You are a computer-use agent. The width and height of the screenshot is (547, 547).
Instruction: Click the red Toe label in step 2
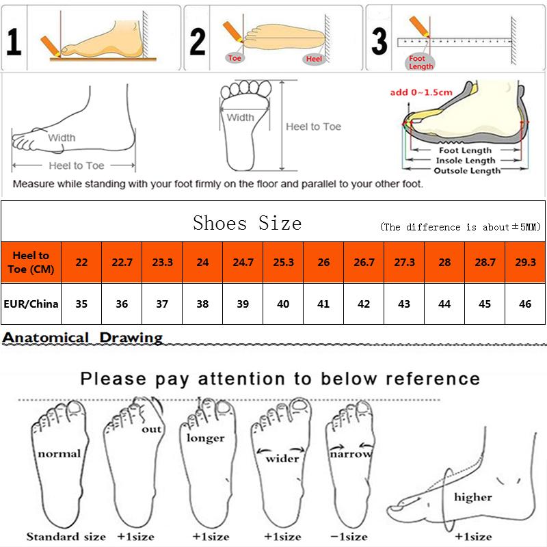[235, 58]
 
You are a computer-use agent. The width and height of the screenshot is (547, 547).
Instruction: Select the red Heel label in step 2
[313, 59]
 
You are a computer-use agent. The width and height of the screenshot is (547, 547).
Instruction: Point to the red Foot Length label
[416, 63]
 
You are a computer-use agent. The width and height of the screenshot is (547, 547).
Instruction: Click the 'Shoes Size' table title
[247, 223]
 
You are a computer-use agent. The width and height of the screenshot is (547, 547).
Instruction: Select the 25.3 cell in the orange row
[283, 262]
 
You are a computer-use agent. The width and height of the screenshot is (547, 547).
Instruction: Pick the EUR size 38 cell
[202, 303]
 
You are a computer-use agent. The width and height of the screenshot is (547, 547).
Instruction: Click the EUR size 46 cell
[525, 303]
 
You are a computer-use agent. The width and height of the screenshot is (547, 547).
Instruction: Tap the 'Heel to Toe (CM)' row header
[31, 262]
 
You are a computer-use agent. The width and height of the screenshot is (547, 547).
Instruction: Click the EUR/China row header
[31, 303]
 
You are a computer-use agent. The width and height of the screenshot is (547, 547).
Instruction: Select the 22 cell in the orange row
[81, 262]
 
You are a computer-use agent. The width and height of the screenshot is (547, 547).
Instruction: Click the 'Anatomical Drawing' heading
[83, 337]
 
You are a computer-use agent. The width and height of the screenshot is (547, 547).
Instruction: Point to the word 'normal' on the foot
[59, 453]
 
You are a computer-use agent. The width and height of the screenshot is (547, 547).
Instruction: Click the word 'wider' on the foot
[282, 457]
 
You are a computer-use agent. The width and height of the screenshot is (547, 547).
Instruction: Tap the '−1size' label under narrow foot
[349, 535]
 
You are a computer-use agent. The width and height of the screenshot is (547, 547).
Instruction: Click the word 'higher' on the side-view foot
[472, 497]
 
